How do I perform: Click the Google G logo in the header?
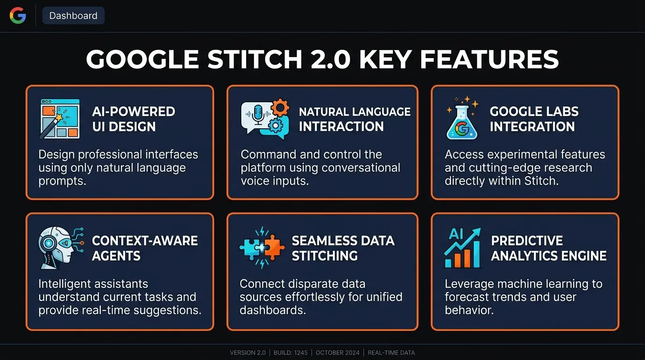tap(18, 15)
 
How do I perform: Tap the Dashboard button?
tap(73, 15)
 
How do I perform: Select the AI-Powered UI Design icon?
tap(59, 119)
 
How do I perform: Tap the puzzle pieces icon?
tap(262, 247)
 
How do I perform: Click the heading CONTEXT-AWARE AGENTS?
tap(145, 248)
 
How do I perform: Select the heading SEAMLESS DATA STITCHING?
tap(343, 248)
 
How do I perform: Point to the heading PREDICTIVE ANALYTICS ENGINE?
tap(548, 248)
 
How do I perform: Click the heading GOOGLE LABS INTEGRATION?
tap(534, 119)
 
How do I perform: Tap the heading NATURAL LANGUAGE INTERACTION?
tap(354, 119)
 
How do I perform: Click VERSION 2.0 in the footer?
tap(247, 352)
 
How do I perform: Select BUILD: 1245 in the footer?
tap(291, 352)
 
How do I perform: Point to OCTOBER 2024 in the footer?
tap(337, 352)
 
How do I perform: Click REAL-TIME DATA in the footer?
tap(391, 352)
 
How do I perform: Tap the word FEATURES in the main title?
tap(489, 60)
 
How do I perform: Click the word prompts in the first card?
tap(62, 181)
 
